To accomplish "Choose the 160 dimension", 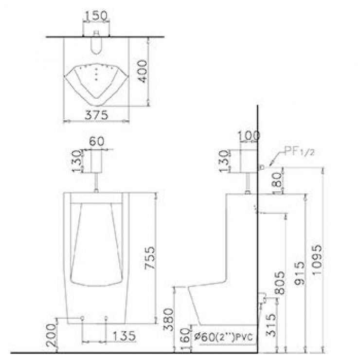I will (184, 338).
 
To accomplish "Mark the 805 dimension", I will (279, 283).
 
